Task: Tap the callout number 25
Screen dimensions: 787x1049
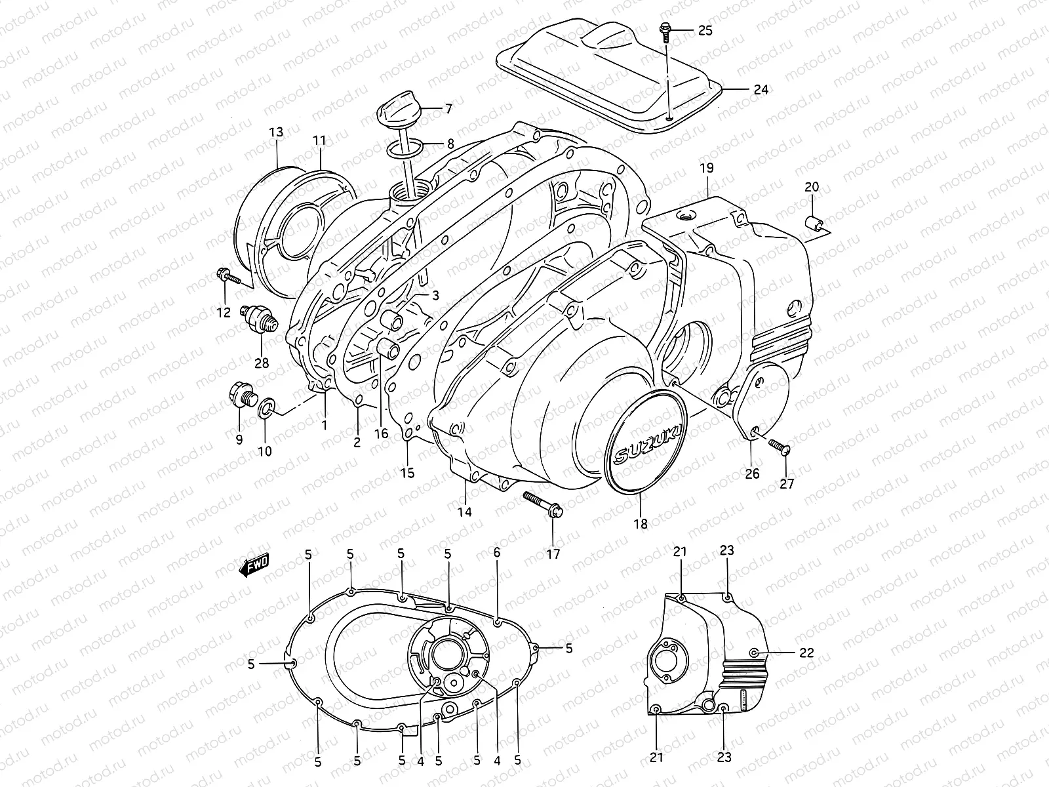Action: pyautogui.click(x=704, y=30)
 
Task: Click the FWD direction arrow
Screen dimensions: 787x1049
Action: pyautogui.click(x=254, y=565)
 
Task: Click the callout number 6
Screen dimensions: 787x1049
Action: pyautogui.click(x=496, y=552)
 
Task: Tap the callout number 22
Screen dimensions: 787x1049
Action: pyautogui.click(x=806, y=653)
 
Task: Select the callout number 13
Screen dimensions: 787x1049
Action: pyautogui.click(x=275, y=132)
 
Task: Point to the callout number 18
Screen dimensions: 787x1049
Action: pyautogui.click(x=641, y=523)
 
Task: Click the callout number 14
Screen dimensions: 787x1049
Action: pyautogui.click(x=465, y=512)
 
